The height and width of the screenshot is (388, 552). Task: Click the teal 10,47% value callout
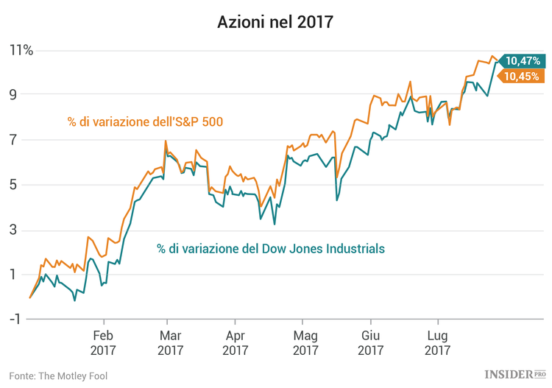click(x=522, y=61)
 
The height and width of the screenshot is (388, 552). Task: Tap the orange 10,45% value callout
click(x=522, y=76)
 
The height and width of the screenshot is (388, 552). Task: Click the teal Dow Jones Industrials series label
click(x=270, y=249)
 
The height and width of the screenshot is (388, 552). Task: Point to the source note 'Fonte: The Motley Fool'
click(x=59, y=375)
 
